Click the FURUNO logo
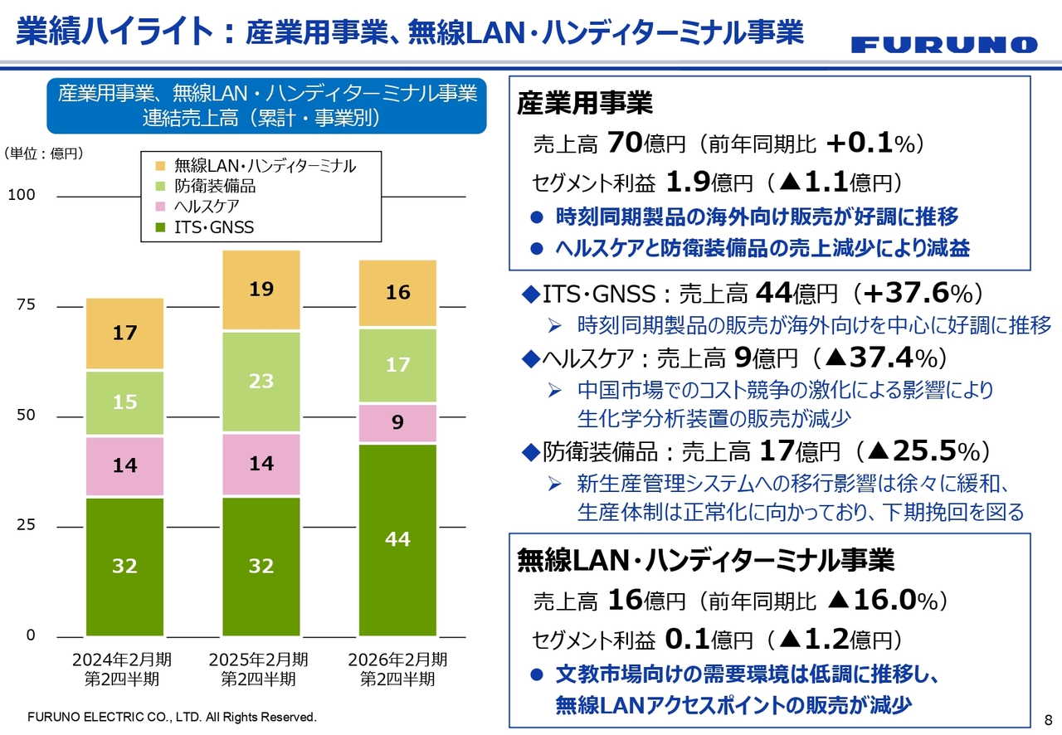(x=943, y=45)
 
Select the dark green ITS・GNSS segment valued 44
(x=397, y=539)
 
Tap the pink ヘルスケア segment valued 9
(x=397, y=423)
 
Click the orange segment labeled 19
(x=261, y=290)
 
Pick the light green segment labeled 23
(x=261, y=382)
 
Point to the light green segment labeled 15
(x=124, y=402)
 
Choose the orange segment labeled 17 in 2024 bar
(x=124, y=333)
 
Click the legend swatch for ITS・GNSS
(x=161, y=227)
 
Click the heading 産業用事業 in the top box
(x=585, y=103)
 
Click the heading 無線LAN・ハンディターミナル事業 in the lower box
(x=705, y=560)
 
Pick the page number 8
(x=1047, y=718)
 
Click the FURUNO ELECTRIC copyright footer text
(x=173, y=716)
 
